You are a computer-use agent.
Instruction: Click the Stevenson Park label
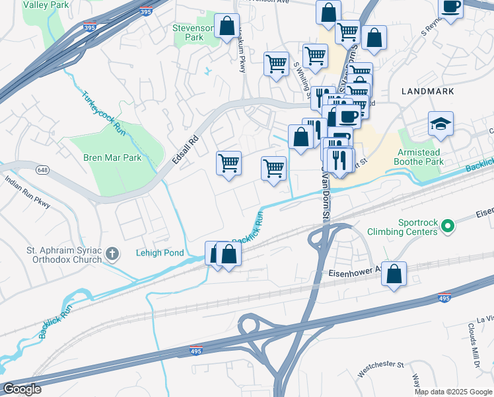(x=193, y=32)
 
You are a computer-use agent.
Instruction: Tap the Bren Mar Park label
(x=112, y=158)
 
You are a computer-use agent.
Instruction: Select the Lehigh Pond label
(x=159, y=253)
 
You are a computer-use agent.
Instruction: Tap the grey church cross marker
(x=113, y=253)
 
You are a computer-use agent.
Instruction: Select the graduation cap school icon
(x=441, y=124)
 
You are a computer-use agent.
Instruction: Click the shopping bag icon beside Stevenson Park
(x=227, y=26)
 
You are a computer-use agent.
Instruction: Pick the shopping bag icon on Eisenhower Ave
(x=394, y=274)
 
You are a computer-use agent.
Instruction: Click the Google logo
(x=22, y=389)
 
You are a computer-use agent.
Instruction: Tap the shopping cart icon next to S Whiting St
(x=315, y=57)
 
